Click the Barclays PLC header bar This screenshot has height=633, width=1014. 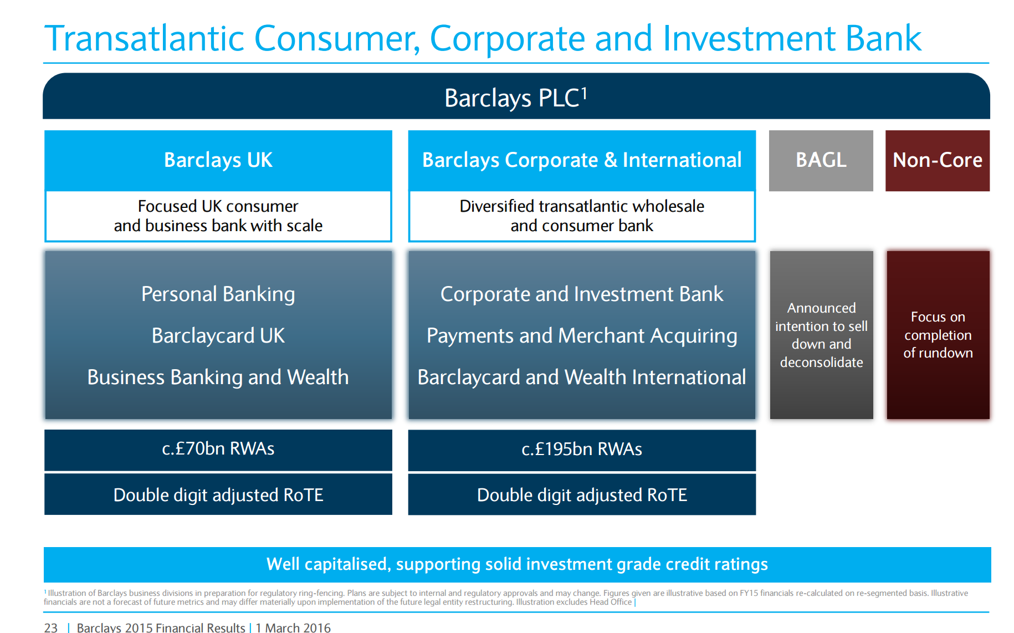pyautogui.click(x=516, y=96)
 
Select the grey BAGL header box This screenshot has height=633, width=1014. pyautogui.click(x=821, y=161)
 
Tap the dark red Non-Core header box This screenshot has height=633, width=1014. pyautogui.click(x=938, y=161)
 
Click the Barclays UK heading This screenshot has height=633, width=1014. pyautogui.click(x=218, y=160)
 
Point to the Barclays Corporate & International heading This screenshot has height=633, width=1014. pyautogui.click(x=582, y=160)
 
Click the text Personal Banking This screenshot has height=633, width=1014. pyautogui.click(x=218, y=294)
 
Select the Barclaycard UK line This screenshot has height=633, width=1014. pyautogui.click(x=218, y=336)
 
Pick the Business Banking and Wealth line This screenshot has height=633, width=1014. pyautogui.click(x=218, y=377)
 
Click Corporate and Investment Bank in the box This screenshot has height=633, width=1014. pyautogui.click(x=582, y=294)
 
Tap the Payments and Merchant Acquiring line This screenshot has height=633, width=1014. pyautogui.click(x=582, y=336)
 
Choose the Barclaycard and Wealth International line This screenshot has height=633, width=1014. pyautogui.click(x=582, y=377)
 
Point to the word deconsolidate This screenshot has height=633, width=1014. pyautogui.click(x=822, y=363)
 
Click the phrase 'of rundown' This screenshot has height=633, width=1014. pyautogui.click(x=938, y=353)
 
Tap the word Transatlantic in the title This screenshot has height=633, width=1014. pyautogui.click(x=145, y=38)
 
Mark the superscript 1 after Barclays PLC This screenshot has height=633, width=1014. pyautogui.click(x=584, y=94)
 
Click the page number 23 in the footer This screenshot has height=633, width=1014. pyautogui.click(x=51, y=627)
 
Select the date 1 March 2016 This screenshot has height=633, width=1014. pyautogui.click(x=293, y=627)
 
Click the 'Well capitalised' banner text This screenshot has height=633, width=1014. pyautogui.click(x=517, y=564)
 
